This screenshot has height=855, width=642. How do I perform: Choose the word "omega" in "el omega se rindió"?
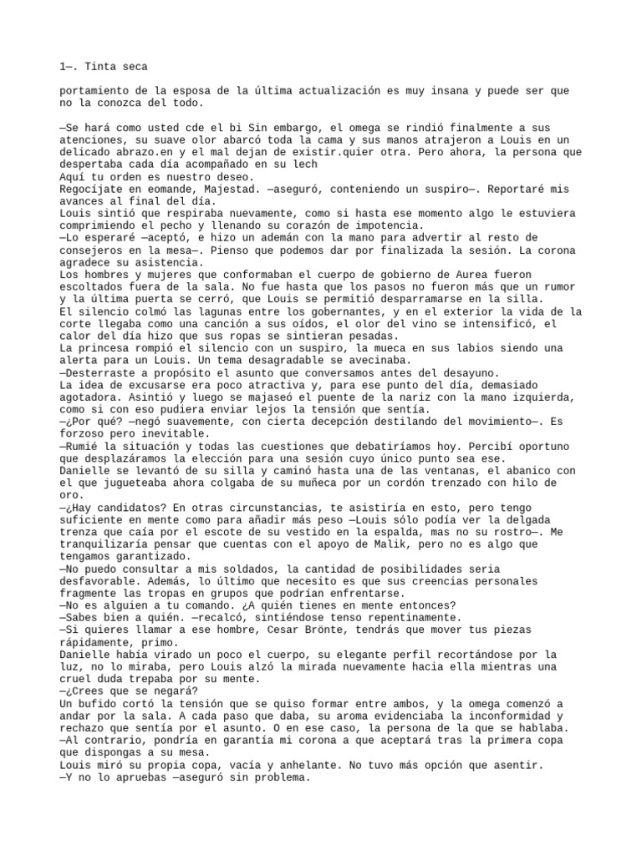[x=314, y=128]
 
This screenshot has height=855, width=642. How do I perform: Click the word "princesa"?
[x=113, y=347]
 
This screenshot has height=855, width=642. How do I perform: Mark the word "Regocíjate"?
[x=92, y=190]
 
